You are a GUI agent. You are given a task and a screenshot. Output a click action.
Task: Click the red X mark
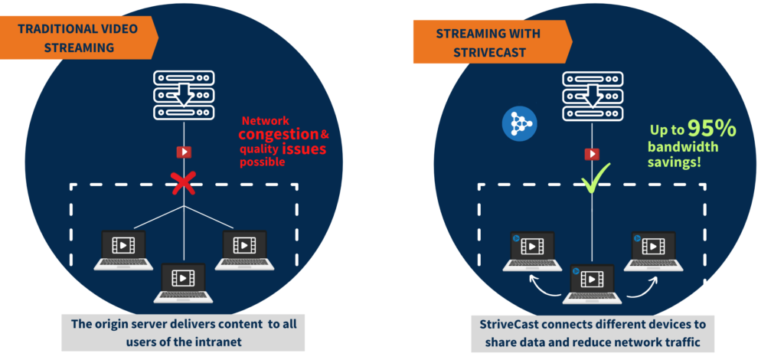[x=184, y=183]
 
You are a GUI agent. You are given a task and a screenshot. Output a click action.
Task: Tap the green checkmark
[x=596, y=178]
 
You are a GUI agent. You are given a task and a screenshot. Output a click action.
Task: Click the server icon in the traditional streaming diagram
[x=184, y=95]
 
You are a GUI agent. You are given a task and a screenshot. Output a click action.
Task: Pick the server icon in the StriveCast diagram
[x=593, y=96]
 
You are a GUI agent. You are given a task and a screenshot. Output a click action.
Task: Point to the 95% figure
[x=712, y=129]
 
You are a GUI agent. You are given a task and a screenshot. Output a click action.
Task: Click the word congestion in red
[x=279, y=134]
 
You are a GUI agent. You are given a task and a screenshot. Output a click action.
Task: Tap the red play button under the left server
[x=184, y=152]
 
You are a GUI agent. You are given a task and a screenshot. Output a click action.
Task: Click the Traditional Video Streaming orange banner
[x=79, y=38]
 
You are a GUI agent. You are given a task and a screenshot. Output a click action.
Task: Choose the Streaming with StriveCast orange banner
[x=492, y=42]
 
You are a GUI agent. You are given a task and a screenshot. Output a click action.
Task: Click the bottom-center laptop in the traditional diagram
[x=183, y=283]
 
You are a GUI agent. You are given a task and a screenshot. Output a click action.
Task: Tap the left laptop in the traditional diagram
[x=123, y=250]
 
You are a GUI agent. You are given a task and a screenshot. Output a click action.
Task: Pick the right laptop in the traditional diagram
[x=244, y=250]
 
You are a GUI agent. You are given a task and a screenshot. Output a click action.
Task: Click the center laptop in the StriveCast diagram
[x=593, y=284]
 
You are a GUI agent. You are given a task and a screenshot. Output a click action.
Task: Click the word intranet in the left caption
[x=218, y=342]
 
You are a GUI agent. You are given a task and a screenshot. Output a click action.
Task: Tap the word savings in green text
[x=674, y=162]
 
